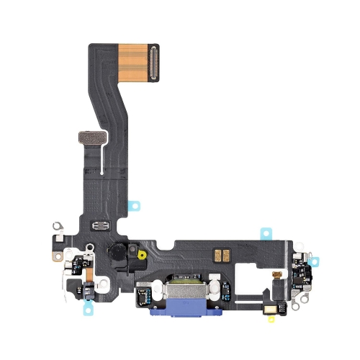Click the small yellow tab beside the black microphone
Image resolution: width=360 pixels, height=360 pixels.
(x=142, y=254)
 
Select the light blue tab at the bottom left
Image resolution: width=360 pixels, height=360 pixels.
(x=89, y=308)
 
